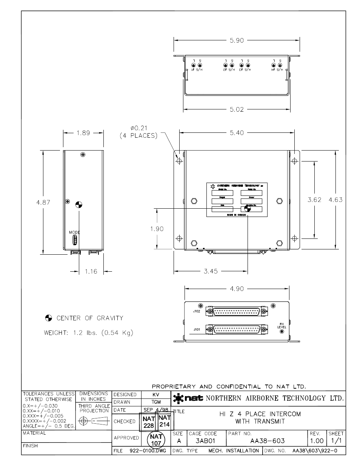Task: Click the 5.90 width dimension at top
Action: tap(237, 40)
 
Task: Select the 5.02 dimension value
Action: tap(237, 109)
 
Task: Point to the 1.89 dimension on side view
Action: tap(83, 133)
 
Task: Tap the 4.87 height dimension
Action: tap(43, 202)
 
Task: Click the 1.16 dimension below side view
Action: tap(91, 271)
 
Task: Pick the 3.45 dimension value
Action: tap(211, 271)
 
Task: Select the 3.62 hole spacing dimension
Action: tap(314, 200)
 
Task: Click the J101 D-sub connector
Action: tap(237, 329)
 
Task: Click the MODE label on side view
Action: tap(74, 232)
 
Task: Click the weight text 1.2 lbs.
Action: tap(89, 333)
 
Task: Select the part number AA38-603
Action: tap(268, 441)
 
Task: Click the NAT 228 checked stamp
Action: tap(149, 422)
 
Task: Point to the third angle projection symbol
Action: tap(93, 421)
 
